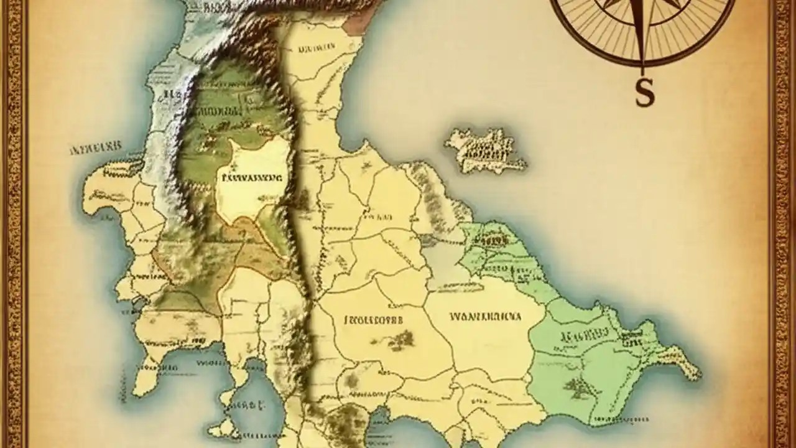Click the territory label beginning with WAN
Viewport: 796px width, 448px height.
[x=485, y=316]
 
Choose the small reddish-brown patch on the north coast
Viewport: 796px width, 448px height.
[x=356, y=26]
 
